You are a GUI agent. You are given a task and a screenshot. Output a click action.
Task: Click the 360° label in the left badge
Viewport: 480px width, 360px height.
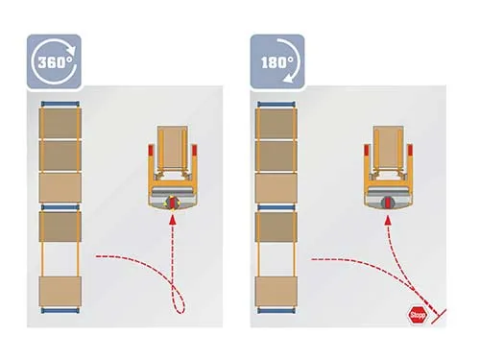[54, 61]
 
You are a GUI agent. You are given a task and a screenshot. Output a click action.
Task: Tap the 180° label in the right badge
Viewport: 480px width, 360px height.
[276, 62]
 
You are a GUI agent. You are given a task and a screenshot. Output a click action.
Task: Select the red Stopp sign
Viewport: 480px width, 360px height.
[418, 316]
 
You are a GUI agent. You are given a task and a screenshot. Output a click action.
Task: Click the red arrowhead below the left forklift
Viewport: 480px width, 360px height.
[173, 220]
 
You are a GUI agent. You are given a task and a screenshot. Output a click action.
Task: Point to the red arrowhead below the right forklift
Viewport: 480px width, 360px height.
[388, 220]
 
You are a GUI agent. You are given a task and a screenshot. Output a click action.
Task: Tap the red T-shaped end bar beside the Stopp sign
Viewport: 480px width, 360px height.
[439, 316]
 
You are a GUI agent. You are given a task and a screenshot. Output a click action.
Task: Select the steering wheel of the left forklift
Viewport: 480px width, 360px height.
[173, 203]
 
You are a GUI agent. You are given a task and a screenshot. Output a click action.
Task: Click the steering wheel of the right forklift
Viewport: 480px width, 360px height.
[388, 203]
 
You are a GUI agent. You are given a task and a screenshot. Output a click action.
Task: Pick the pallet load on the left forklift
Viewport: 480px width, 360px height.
[173, 148]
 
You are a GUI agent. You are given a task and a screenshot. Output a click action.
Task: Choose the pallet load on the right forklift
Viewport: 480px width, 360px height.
[388, 148]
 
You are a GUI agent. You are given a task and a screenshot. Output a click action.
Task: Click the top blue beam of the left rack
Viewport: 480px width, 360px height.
[60, 104]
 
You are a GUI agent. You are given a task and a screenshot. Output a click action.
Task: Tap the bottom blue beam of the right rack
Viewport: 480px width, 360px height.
[276, 310]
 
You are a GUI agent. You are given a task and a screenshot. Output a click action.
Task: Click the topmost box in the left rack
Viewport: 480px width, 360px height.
[60, 123]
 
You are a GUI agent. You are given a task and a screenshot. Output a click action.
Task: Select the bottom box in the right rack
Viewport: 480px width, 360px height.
[276, 291]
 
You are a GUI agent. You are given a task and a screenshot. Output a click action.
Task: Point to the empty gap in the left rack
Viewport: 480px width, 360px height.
[60, 259]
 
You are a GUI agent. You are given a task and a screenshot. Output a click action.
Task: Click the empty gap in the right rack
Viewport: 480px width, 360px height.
[276, 259]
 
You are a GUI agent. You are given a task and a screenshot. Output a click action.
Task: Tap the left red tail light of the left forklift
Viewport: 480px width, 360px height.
[151, 151]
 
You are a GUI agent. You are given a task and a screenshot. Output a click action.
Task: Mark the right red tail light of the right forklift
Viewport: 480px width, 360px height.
[410, 151]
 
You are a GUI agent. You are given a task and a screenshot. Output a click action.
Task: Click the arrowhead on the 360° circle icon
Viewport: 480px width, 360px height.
[73, 50]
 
